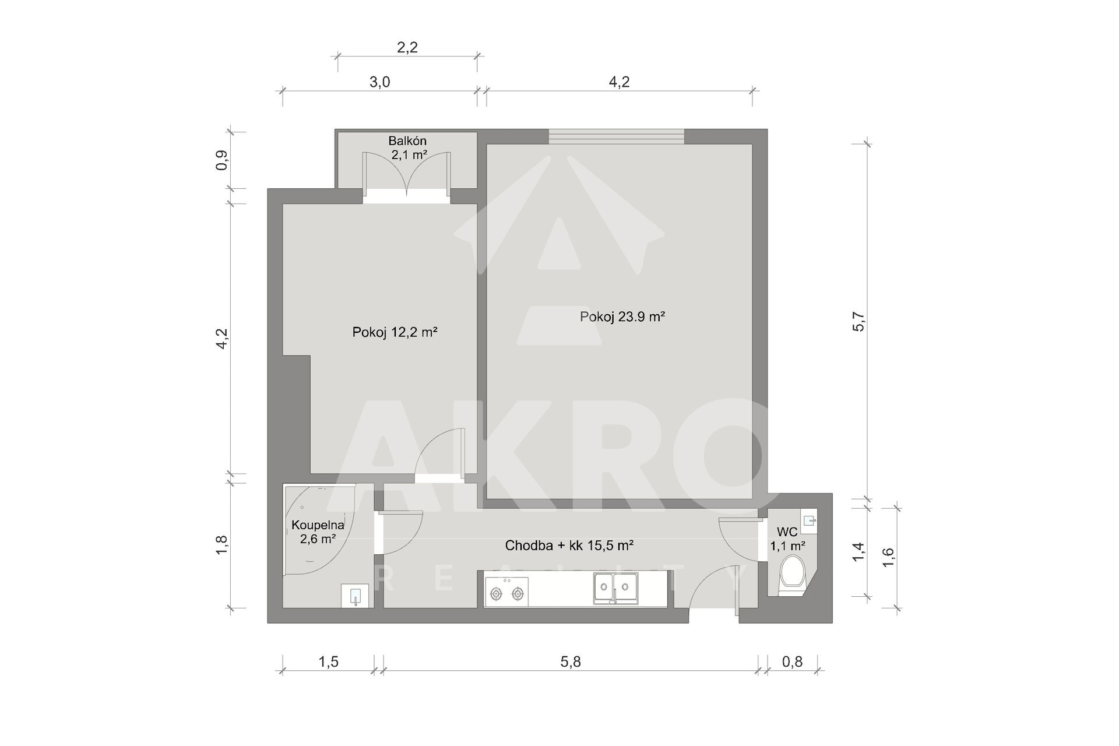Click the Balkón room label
(408, 141)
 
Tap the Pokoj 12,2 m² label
(395, 332)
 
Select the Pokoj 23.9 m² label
(622, 317)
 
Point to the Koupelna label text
(318, 525)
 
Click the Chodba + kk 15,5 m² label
(569, 546)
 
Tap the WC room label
(787, 532)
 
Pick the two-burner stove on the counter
(506, 592)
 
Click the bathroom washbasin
(356, 596)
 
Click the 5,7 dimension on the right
(859, 322)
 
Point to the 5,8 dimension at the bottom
(571, 661)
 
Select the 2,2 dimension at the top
(407, 47)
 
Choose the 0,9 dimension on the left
(222, 160)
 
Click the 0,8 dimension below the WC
(792, 661)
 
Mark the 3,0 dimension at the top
(379, 82)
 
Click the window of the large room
(617, 136)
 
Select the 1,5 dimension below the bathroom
(328, 661)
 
